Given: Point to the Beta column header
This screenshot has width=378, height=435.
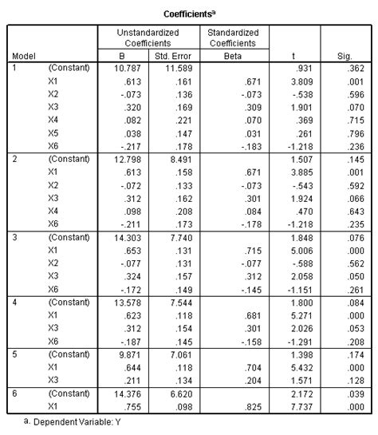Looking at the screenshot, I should [235, 56].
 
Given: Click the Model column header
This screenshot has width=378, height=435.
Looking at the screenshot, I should [24, 56].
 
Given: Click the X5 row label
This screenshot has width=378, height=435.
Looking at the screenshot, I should [55, 135].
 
